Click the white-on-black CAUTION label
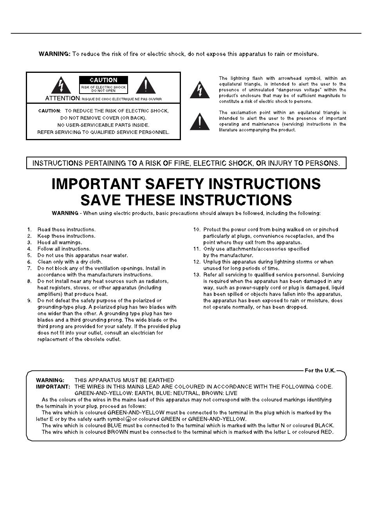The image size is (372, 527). (x=103, y=80)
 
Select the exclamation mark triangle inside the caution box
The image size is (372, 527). (x=146, y=86)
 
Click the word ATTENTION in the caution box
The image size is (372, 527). (x=63, y=98)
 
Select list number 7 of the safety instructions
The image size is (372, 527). (x=29, y=268)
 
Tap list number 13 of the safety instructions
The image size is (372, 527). (x=197, y=274)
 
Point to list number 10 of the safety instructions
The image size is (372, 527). (x=197, y=229)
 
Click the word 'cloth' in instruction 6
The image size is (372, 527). (x=95, y=262)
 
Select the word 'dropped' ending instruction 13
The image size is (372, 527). (x=297, y=307)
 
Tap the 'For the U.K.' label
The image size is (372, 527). (x=320, y=370)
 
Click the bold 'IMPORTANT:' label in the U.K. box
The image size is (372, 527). (x=53, y=386)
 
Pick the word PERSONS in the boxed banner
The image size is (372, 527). (x=325, y=163)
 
